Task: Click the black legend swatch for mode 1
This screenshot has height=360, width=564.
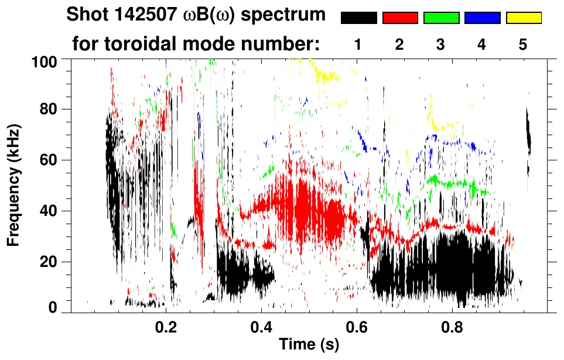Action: [358, 18]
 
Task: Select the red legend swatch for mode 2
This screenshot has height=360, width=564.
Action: [400, 18]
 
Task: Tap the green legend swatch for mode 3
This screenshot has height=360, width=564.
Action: [441, 18]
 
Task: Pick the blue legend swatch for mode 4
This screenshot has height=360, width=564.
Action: [482, 18]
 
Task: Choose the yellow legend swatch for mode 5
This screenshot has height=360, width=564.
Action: [524, 18]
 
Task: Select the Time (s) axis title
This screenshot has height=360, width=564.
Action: [309, 345]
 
